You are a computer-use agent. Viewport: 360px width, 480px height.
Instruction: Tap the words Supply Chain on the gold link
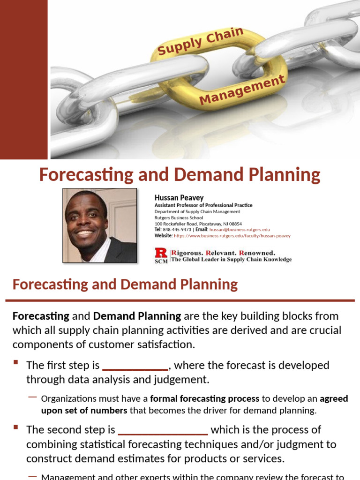point(201,41)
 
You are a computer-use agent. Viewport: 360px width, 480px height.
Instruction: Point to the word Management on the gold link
point(242,90)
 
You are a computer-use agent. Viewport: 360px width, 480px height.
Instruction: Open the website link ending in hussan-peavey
point(232,236)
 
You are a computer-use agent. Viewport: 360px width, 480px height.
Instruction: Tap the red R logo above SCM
point(161,253)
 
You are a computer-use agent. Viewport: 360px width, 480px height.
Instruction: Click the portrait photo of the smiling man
point(100,225)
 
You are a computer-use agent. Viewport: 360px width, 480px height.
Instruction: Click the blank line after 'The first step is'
point(135,366)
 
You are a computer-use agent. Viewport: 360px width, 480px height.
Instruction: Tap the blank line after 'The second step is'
point(163,430)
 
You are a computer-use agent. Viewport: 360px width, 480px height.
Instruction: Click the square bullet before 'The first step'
point(16,362)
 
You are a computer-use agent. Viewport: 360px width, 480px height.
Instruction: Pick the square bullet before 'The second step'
point(16,427)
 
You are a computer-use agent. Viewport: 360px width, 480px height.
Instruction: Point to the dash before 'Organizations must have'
point(32,397)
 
